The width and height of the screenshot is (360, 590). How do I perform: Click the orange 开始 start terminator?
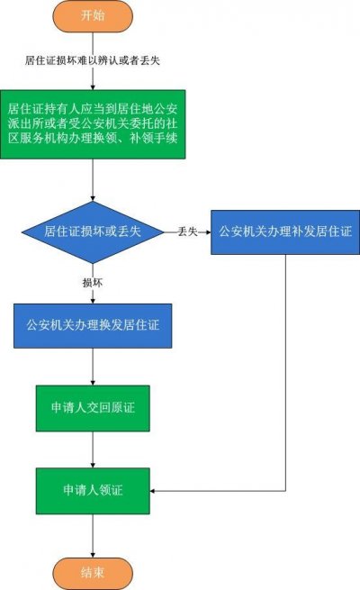tap(93, 16)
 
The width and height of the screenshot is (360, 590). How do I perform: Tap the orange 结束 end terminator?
tap(93, 574)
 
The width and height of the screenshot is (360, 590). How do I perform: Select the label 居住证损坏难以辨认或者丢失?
tap(93, 60)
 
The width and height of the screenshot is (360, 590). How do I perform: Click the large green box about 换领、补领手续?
tap(93, 124)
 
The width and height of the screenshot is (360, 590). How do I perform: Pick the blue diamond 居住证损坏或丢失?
tap(93, 231)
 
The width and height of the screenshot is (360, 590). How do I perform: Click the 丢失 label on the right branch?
tap(187, 231)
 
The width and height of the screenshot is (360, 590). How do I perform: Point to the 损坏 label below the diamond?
tap(93, 283)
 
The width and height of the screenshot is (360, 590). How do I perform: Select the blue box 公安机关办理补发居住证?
tap(285, 232)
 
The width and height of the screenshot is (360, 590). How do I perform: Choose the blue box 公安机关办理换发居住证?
tap(93, 326)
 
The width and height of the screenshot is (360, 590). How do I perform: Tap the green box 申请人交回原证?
tap(93, 408)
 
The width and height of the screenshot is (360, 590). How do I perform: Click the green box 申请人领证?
tap(93, 491)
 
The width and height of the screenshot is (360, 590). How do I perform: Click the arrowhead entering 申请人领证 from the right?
tap(153, 491)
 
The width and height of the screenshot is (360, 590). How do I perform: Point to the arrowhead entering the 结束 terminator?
tap(93, 555)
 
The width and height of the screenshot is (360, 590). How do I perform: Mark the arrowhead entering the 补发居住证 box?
tap(208, 232)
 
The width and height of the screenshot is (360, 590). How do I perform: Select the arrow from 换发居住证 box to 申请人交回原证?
tap(93, 367)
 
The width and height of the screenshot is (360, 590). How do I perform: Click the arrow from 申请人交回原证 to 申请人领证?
tap(93, 449)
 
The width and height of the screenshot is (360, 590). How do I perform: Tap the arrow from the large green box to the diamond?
tap(93, 180)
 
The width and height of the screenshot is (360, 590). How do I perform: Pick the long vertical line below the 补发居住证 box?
tap(285, 373)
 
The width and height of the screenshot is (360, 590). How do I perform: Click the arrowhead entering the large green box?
tap(93, 86)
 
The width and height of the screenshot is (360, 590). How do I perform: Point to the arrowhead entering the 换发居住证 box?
tap(93, 301)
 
